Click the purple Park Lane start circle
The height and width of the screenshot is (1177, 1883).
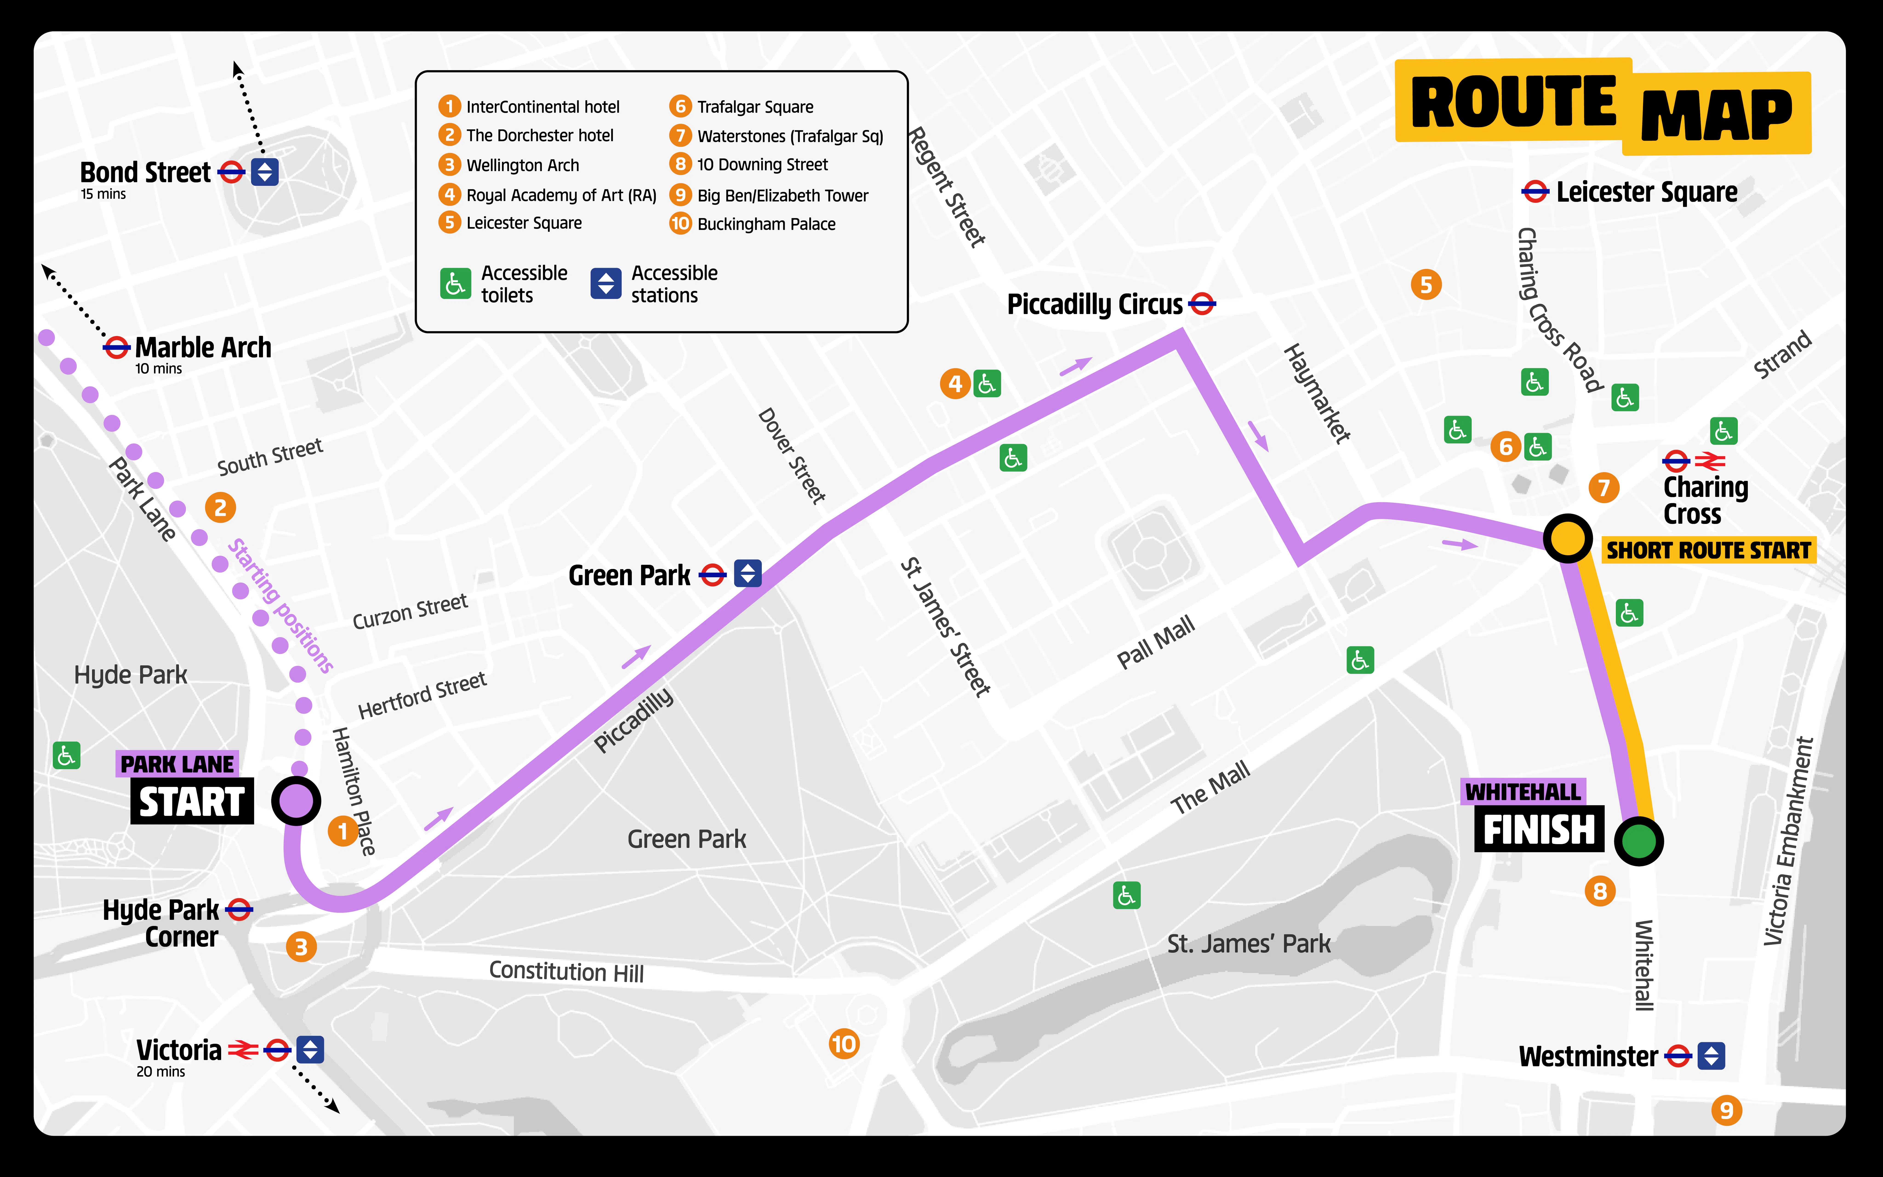tap(296, 800)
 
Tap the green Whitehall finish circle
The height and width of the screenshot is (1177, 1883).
tap(1639, 841)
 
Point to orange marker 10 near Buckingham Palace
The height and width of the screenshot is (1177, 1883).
tap(843, 1044)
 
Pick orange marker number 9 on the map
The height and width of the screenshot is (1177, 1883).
tap(1726, 1110)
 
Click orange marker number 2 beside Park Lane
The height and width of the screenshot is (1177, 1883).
tap(220, 508)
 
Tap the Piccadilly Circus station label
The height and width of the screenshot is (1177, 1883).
tap(1095, 304)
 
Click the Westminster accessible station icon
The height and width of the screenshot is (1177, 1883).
tap(1711, 1056)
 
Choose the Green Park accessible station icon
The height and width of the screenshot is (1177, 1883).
tap(748, 574)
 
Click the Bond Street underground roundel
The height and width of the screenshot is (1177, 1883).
tap(231, 172)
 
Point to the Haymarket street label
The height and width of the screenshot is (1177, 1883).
tap(1317, 394)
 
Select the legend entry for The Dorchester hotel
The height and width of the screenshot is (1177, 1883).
tap(539, 135)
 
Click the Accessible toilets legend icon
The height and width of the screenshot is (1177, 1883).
tap(455, 284)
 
